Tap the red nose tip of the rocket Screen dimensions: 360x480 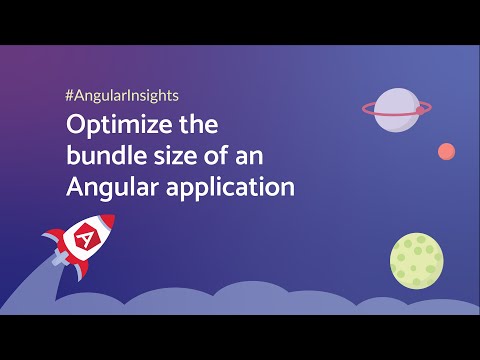point(107,220)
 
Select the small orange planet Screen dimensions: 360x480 point(446,152)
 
